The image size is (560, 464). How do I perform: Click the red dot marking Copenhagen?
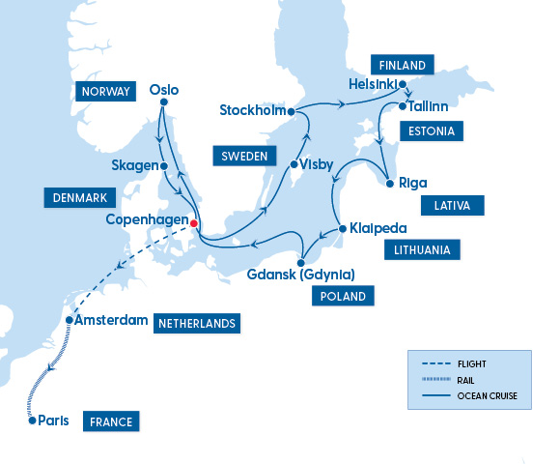tap(194, 223)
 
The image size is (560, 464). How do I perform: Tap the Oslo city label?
tap(165, 89)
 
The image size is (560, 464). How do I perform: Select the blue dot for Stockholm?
tap(291, 111)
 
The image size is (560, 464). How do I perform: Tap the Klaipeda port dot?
tap(342, 229)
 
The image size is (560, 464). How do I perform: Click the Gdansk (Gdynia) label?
tap(301, 274)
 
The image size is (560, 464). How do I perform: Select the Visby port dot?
tap(293, 165)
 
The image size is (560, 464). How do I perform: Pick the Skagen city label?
tap(134, 165)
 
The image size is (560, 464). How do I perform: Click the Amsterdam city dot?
tap(70, 320)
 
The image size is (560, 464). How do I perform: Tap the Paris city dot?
tap(32, 420)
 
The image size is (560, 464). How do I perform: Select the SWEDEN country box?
tap(242, 156)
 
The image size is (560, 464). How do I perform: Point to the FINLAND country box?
tap(402, 65)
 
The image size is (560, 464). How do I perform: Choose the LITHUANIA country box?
tap(423, 250)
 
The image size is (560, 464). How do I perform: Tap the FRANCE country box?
tap(111, 421)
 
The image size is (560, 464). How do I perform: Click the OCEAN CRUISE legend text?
tap(488, 395)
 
